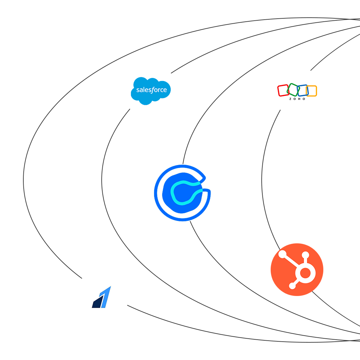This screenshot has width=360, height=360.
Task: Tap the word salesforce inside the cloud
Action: [x=151, y=90]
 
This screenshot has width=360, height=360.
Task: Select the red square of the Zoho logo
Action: [x=283, y=90]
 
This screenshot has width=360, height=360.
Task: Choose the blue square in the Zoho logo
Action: [x=303, y=91]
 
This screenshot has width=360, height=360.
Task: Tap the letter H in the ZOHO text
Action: [x=299, y=99]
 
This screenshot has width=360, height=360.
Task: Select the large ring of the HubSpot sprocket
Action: [x=305, y=273]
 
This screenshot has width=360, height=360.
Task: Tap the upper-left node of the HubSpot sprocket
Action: [x=282, y=254]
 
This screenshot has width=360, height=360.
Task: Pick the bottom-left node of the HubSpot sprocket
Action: [x=292, y=286]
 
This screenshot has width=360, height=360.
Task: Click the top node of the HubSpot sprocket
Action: [x=305, y=255]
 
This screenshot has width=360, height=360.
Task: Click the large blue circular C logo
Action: [x=183, y=193]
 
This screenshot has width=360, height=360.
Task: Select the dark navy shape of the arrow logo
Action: [x=97, y=302]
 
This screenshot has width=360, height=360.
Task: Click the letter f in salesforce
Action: [x=151, y=90]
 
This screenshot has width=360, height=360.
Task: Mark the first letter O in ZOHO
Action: [x=295, y=99]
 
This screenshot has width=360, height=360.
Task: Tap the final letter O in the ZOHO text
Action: [x=304, y=99]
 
